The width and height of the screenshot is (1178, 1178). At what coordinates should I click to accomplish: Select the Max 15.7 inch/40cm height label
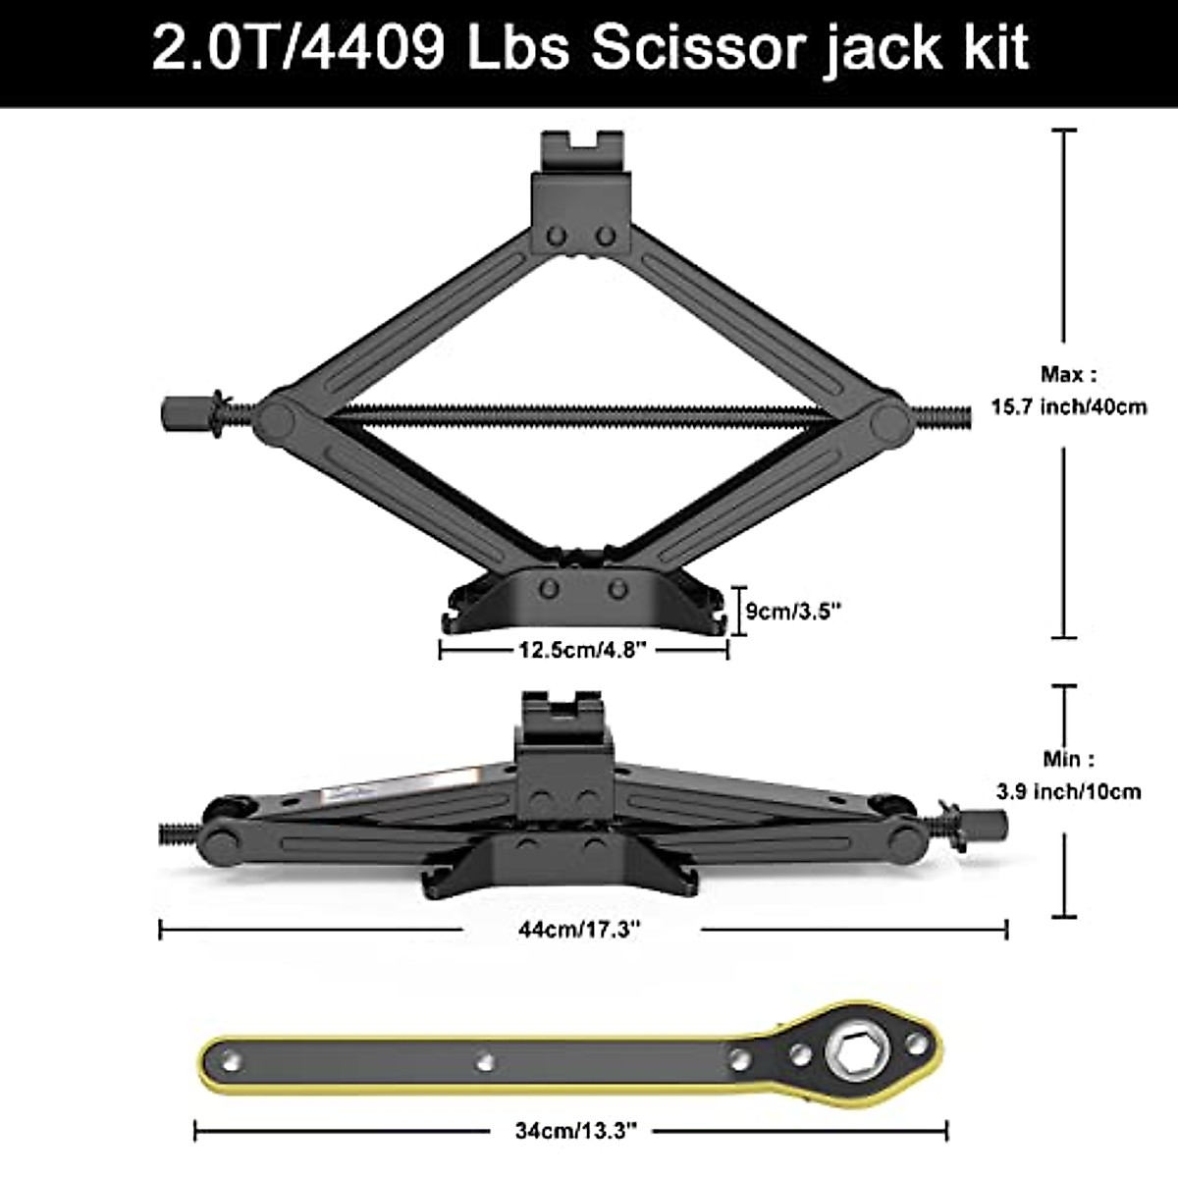(x=1068, y=391)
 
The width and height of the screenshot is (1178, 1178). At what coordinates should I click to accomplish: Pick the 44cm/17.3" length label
(x=581, y=929)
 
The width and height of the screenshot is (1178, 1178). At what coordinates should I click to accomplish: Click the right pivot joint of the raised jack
(x=889, y=419)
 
